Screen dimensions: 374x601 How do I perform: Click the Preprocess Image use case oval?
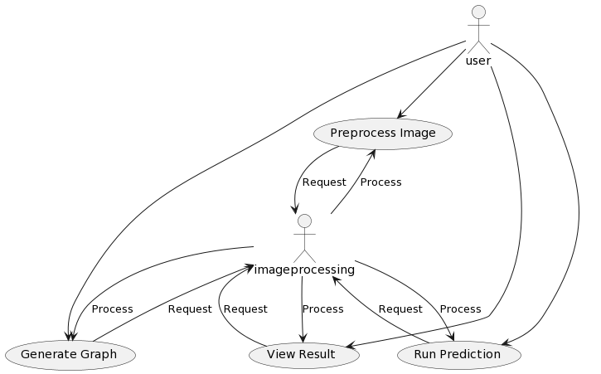(382, 134)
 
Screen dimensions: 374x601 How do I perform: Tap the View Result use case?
(303, 354)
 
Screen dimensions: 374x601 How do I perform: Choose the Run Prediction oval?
(458, 354)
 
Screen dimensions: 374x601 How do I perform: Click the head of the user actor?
(477, 12)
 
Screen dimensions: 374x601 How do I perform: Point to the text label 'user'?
(477, 61)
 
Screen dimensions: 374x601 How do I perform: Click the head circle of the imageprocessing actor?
(304, 221)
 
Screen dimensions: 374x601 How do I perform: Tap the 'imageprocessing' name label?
(304, 270)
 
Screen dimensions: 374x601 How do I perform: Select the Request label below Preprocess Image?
(323, 182)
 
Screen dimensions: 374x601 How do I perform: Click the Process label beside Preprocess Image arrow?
(380, 182)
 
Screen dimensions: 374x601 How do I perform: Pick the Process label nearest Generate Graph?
(112, 308)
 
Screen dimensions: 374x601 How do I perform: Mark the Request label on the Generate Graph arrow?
(189, 308)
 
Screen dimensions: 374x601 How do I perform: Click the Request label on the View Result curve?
(245, 308)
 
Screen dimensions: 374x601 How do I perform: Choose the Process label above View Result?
(322, 308)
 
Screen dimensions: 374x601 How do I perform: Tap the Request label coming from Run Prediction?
(400, 308)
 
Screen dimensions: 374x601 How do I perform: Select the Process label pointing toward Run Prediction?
(460, 308)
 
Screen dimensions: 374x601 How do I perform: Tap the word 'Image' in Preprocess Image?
(418, 134)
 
